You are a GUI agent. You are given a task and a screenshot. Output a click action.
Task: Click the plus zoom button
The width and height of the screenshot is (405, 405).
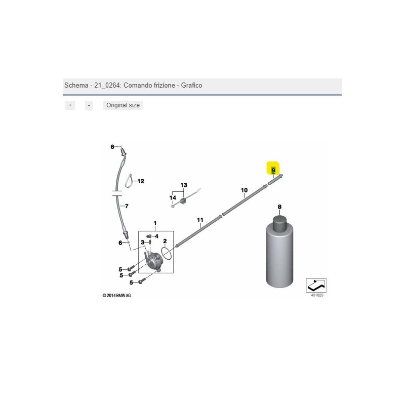coord(70,105)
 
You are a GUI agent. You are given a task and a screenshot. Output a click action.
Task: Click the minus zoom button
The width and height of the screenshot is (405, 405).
coord(89,105)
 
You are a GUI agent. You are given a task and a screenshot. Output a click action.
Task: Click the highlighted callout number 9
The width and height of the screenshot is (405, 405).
coord(273,170)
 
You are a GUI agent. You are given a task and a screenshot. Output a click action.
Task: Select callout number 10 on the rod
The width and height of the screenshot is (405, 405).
coord(244,190)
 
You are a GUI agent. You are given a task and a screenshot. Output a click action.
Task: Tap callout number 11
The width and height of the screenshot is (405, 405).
coord(200,220)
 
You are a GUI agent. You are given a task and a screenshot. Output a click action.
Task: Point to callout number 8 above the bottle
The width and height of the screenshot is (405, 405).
coord(279,207)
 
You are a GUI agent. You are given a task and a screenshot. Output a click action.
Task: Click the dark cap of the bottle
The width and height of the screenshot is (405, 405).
coord(280,224)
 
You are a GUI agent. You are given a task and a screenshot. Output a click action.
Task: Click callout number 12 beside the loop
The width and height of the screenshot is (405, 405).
coord(141,181)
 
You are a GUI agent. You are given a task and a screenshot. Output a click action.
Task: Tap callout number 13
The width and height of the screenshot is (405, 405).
coord(184,185)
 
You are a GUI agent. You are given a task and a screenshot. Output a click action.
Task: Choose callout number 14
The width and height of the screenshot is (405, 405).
coord(173,198)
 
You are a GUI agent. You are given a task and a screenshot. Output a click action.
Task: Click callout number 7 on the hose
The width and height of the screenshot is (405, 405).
coord(127,206)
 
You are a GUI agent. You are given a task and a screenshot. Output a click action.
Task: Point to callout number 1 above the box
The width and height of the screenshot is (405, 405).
coord(155,223)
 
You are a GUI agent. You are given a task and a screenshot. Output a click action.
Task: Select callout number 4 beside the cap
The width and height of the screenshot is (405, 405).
coord(156,236)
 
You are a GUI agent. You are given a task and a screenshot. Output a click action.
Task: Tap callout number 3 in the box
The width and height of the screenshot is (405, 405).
coord(142,242)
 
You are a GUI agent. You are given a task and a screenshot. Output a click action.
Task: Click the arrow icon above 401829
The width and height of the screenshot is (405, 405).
coord(316,286)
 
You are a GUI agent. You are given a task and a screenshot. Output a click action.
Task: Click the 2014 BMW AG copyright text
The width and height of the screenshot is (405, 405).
coord(116,296)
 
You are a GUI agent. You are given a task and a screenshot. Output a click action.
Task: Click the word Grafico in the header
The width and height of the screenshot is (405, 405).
coord(191,85)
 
